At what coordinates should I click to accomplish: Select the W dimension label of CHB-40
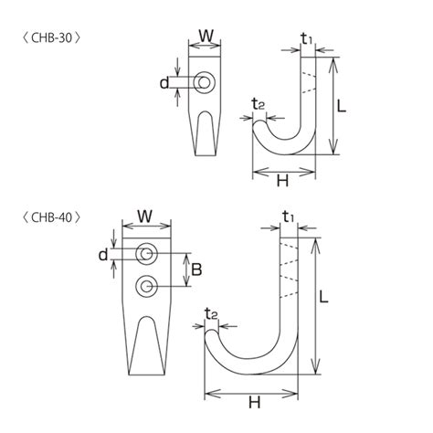(x=144, y=217)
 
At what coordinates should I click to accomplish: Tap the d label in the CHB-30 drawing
(x=164, y=83)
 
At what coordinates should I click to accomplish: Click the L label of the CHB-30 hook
(x=341, y=106)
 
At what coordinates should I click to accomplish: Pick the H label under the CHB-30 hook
(x=282, y=181)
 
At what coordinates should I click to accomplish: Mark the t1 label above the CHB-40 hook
(x=288, y=217)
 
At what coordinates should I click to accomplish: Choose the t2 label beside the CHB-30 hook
(x=259, y=104)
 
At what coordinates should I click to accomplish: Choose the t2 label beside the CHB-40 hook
(x=211, y=313)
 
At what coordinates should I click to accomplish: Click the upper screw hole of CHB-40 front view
(x=145, y=252)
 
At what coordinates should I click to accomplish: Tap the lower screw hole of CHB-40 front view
(x=145, y=287)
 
